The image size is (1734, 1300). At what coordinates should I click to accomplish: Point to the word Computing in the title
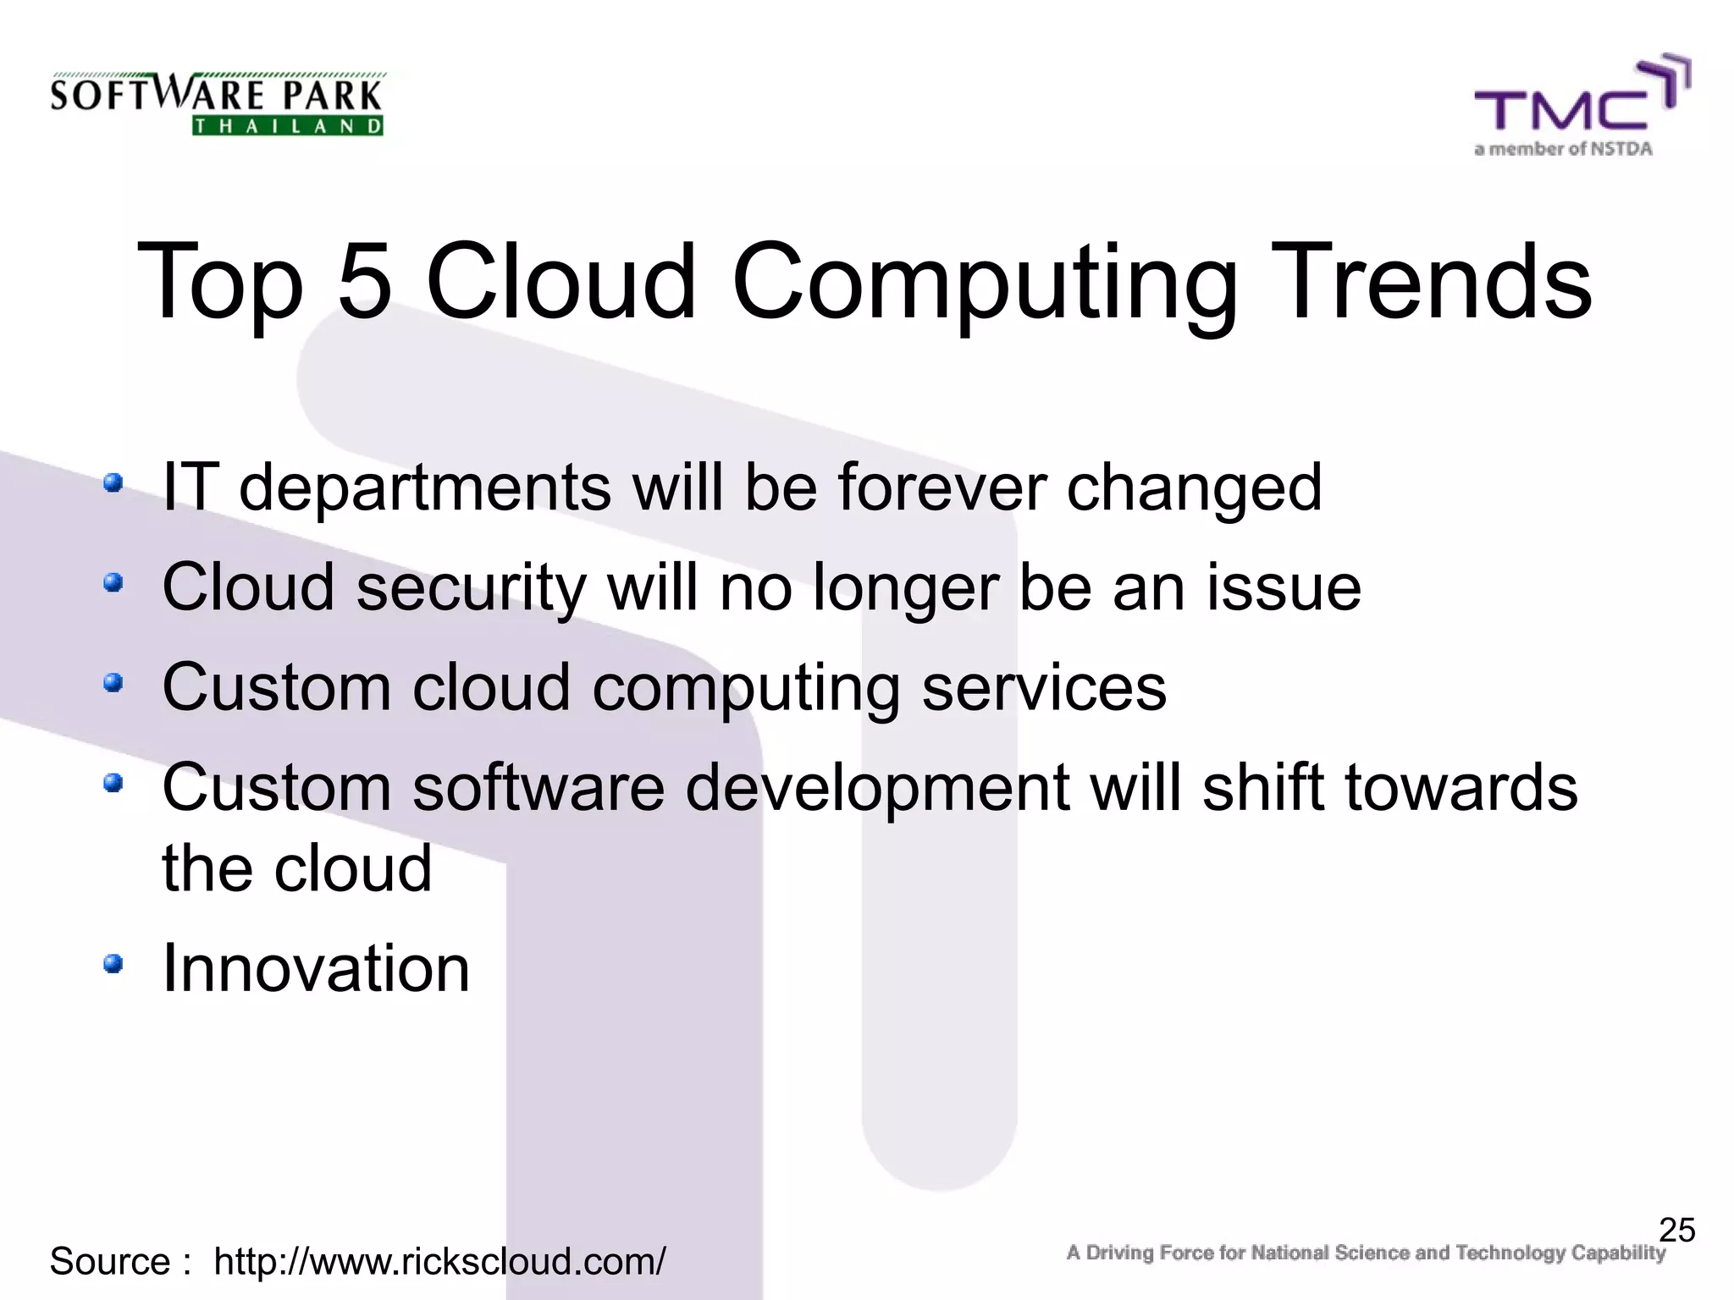[984, 284]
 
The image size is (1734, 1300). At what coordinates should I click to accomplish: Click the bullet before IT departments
[113, 483]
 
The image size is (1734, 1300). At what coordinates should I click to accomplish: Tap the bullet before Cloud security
[113, 583]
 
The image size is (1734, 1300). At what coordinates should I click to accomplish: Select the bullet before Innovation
[113, 963]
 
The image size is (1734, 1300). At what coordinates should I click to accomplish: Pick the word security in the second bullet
[471, 588]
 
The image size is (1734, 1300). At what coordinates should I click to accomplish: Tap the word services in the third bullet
[1043, 687]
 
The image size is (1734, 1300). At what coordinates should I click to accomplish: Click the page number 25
[1676, 1230]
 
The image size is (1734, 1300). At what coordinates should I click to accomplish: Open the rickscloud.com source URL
[439, 1262]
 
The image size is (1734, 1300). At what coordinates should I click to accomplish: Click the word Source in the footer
[110, 1262]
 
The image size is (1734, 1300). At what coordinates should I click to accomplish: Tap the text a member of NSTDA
[1562, 149]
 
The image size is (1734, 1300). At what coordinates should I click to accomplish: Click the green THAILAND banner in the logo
[288, 127]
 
